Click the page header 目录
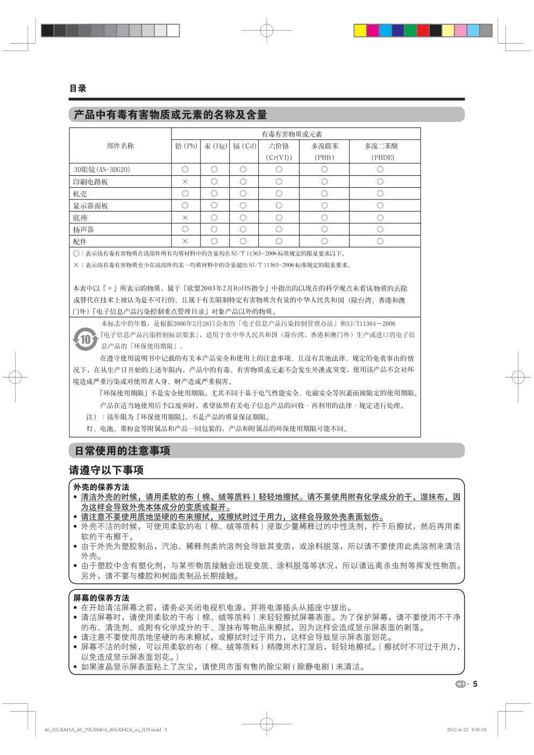(x=77, y=88)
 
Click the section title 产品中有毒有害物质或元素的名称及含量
(x=170, y=115)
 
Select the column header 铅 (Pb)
(x=186, y=146)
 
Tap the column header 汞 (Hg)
(x=215, y=146)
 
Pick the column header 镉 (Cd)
(x=244, y=146)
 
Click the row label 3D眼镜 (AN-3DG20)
(x=102, y=169)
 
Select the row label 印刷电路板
(x=90, y=182)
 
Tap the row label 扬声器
(x=83, y=230)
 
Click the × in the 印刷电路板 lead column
(x=185, y=182)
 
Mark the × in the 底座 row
(x=185, y=218)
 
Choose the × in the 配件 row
(x=185, y=241)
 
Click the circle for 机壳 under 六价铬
(x=279, y=194)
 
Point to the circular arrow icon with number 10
(x=85, y=339)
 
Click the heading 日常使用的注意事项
(x=122, y=451)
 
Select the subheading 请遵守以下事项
(x=106, y=470)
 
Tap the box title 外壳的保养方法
(x=101, y=487)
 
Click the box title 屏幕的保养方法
(x=101, y=597)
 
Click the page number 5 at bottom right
(x=475, y=684)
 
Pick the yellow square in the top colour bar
(x=360, y=30)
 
